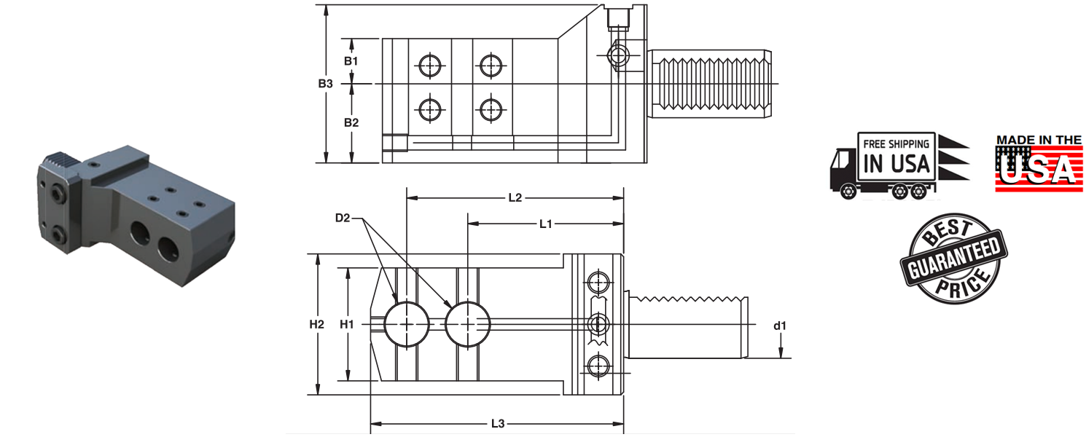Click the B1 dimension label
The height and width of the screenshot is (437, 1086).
351,60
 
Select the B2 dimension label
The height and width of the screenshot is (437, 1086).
351,122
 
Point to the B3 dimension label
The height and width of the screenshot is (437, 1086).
325,84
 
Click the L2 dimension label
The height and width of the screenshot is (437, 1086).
515,197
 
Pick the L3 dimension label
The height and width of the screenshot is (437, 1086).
498,423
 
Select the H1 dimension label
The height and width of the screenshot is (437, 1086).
347,324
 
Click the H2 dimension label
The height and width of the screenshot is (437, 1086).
316,324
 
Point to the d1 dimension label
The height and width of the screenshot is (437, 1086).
780,326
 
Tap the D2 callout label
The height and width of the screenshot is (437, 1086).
343,218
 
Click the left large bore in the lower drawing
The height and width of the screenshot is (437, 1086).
407,324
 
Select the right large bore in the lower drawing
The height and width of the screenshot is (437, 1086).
467,324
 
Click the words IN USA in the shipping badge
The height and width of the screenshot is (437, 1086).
896,164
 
